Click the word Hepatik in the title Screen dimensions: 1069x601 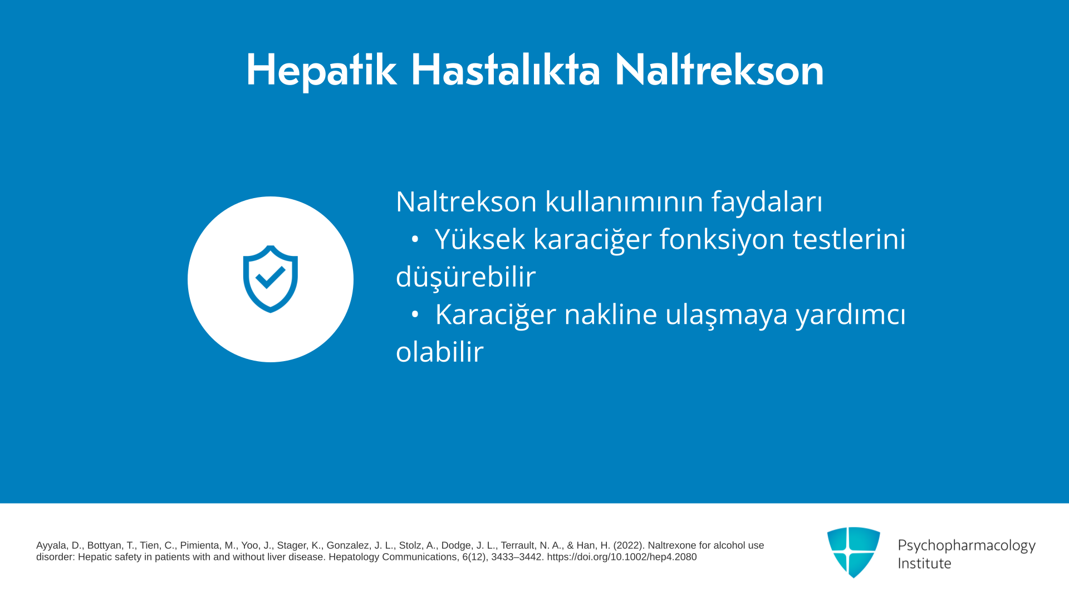click(321, 71)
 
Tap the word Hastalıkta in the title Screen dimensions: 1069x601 click(506, 70)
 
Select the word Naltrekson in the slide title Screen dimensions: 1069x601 click(719, 70)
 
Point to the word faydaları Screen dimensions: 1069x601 click(767, 201)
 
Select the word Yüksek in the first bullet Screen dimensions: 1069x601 click(480, 239)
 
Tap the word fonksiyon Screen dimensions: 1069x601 click(722, 239)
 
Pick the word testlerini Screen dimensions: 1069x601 click(849, 239)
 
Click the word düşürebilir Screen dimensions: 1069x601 click(465, 277)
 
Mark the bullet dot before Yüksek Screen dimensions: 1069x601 click(415, 239)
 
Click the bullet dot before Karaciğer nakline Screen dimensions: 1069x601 click(415, 314)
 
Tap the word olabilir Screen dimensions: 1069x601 click(440, 352)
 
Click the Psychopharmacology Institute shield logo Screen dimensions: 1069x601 click(854, 552)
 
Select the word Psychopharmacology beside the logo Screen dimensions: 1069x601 click(967, 546)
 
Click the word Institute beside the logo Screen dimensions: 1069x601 click(924, 563)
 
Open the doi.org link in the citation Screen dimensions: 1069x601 click(621, 557)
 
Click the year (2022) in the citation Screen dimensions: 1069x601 click(629, 545)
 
